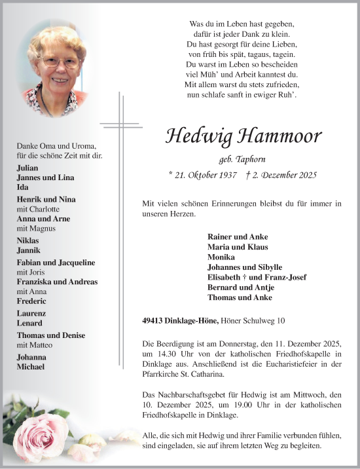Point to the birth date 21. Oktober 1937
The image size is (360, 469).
[203, 175]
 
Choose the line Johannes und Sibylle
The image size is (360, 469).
[244, 267]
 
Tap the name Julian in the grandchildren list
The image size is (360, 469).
[29, 168]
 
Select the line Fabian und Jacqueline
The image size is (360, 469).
[56, 262]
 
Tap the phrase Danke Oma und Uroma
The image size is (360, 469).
[57, 145]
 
